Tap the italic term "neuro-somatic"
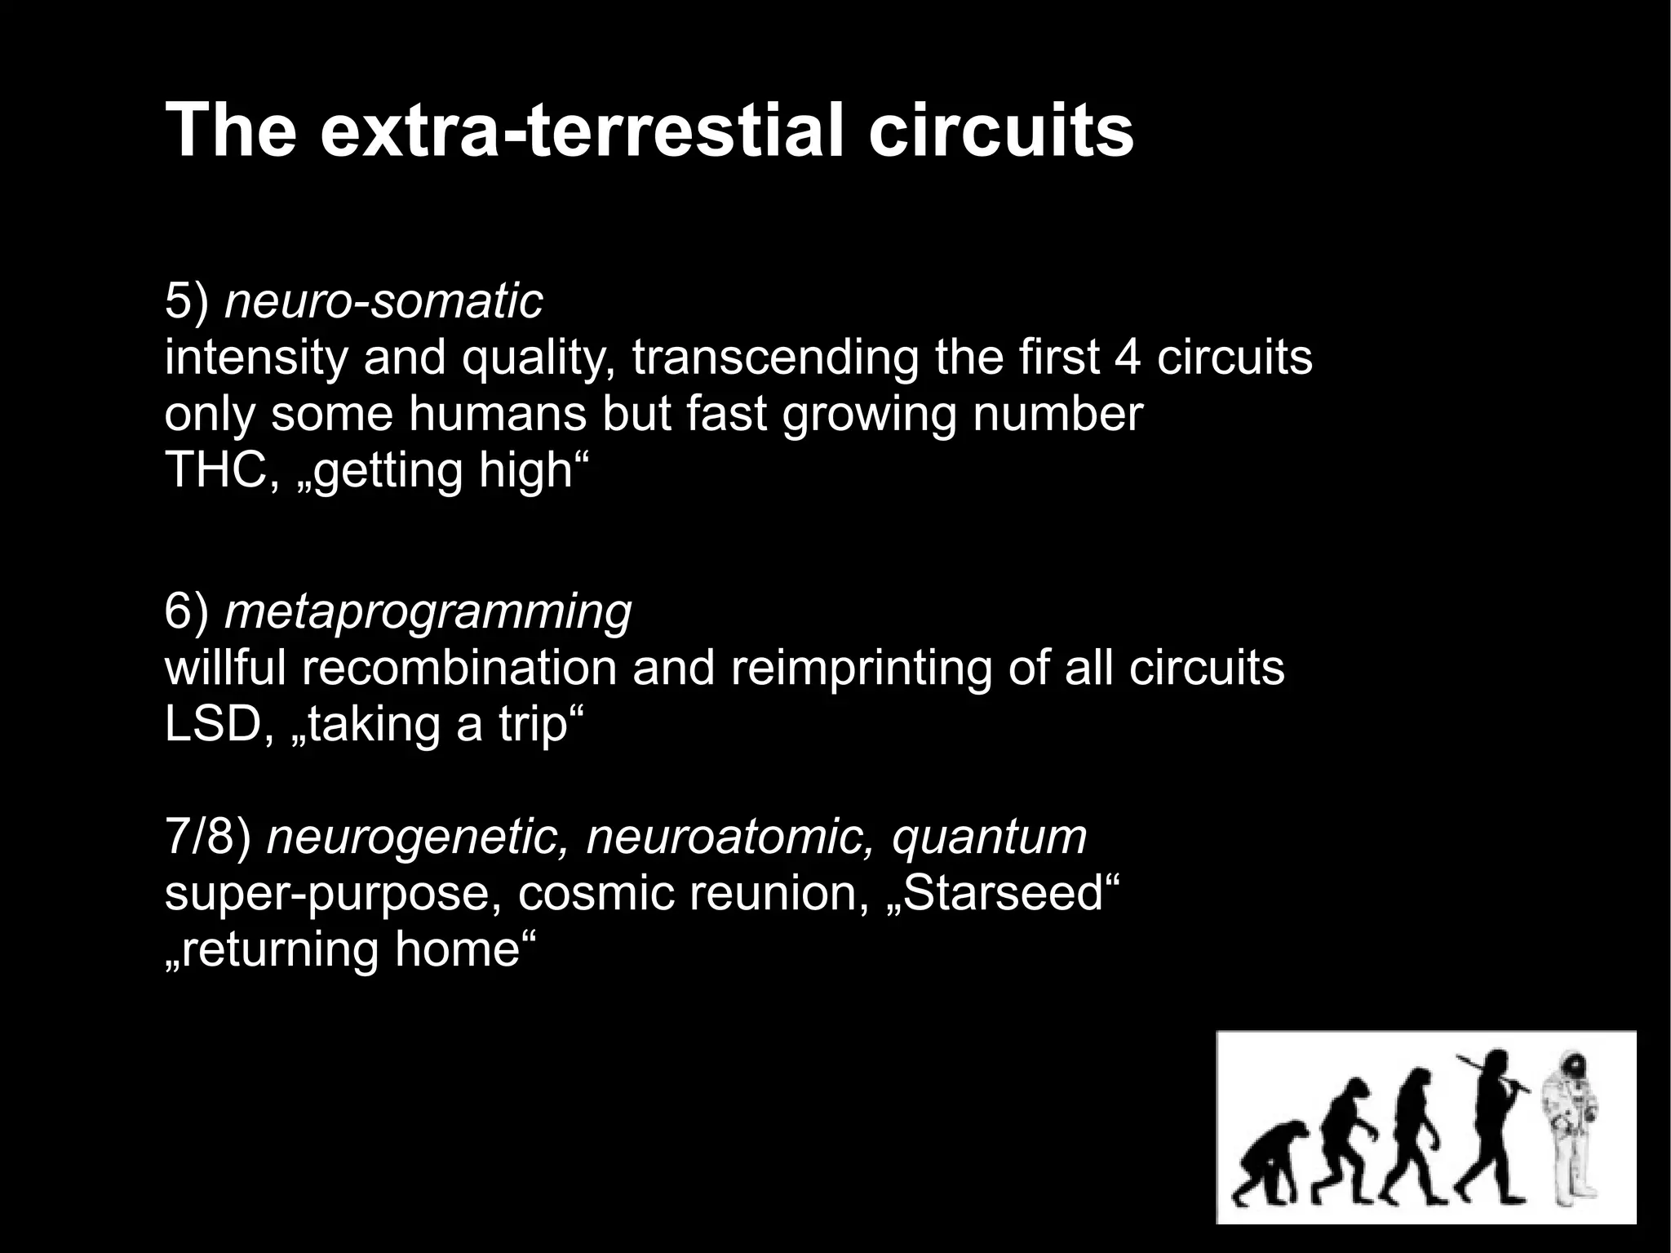coord(383,301)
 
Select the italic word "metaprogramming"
coord(428,611)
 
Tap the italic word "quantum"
coord(989,837)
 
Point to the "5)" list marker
coord(187,301)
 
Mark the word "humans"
coord(497,415)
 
